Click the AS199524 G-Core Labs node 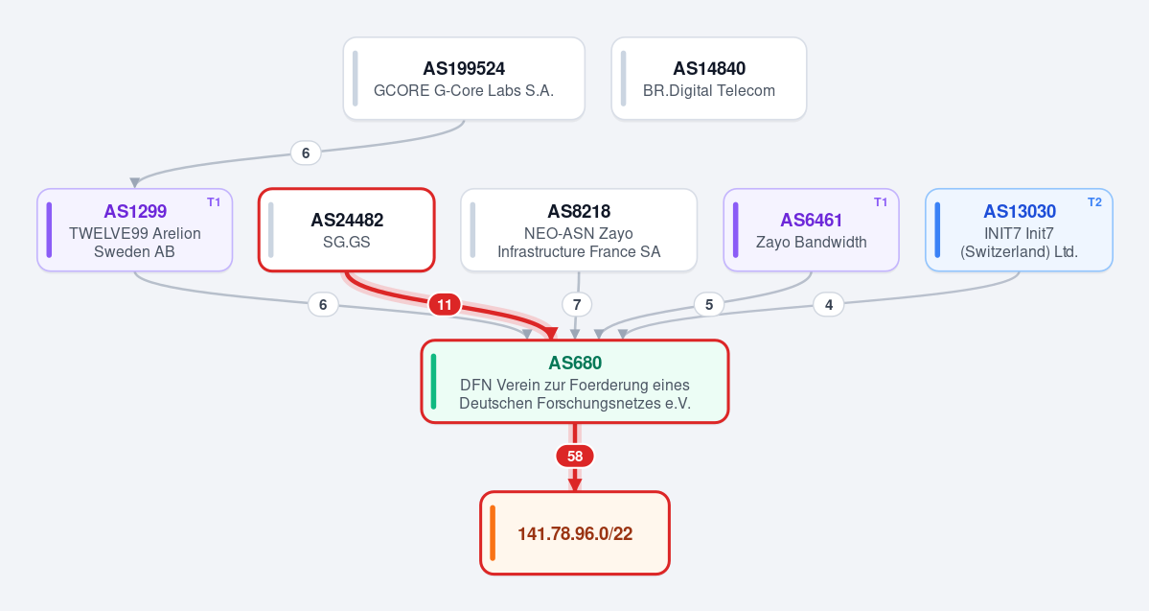(464, 79)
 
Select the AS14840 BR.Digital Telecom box (708, 79)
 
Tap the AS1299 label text (135, 211)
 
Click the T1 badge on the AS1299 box (214, 202)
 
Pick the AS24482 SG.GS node (347, 229)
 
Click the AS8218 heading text (579, 211)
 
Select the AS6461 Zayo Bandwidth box (811, 229)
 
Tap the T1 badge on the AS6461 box (880, 202)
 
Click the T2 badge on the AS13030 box (1094, 202)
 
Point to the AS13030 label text (1020, 211)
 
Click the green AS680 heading (575, 364)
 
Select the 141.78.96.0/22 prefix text (575, 533)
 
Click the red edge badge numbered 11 (444, 304)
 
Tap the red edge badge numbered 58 (575, 457)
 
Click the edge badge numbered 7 (577, 304)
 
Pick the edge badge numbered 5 (708, 304)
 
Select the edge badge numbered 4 (829, 304)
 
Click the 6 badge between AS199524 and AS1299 (306, 153)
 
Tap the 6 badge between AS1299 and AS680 (323, 304)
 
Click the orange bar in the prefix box (493, 532)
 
